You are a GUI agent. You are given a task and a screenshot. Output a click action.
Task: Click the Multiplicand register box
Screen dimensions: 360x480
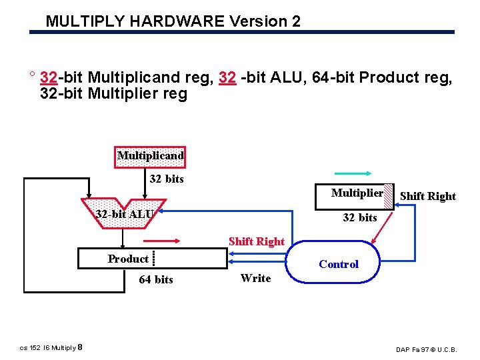pos(150,157)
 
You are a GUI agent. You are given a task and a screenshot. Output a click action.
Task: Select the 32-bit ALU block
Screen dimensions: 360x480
pos(125,213)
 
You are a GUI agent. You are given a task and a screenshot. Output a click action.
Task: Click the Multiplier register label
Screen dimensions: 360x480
pos(357,193)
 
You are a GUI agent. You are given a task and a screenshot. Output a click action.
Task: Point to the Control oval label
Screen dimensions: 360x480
pos(339,264)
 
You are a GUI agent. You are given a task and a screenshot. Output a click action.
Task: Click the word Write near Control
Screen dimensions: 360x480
pos(256,278)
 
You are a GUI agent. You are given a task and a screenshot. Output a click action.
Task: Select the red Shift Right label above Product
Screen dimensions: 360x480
pos(257,241)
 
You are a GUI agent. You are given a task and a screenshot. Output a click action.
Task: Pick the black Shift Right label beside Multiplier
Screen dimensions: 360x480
pos(427,196)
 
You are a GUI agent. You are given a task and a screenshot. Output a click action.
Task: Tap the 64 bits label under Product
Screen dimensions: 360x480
pos(156,279)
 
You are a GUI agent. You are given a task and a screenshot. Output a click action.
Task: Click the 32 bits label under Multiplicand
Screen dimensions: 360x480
pos(167,179)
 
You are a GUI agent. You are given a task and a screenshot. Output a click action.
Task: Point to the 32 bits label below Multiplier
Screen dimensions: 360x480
pos(360,217)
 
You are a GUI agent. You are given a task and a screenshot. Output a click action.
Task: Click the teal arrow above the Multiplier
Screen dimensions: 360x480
pos(362,173)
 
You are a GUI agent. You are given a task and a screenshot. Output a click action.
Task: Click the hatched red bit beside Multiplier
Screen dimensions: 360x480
pos(389,194)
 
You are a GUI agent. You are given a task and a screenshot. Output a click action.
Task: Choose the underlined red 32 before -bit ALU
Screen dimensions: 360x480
pos(227,78)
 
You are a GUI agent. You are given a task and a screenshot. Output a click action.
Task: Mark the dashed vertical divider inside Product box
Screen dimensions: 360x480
pos(154,258)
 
